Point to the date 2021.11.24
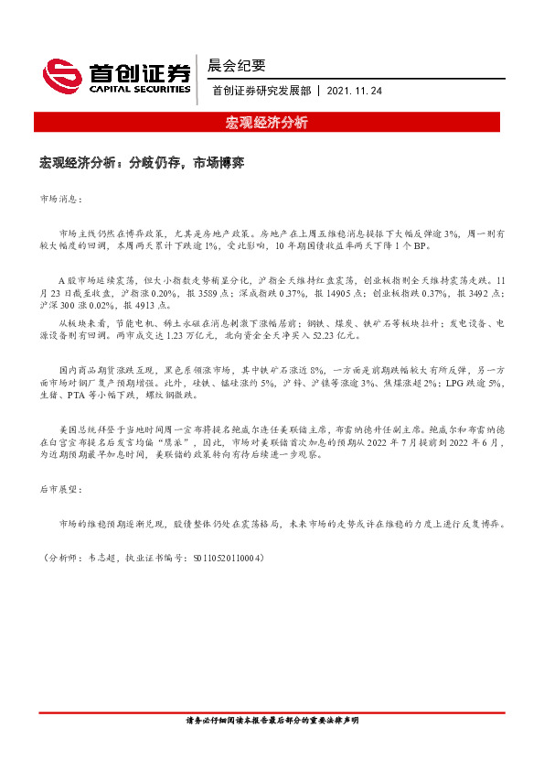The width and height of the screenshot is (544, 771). click(x=353, y=91)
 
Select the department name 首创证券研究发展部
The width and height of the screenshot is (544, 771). click(x=261, y=91)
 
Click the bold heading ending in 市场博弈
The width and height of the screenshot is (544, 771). click(x=141, y=162)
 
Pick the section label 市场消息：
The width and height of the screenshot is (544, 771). click(x=61, y=198)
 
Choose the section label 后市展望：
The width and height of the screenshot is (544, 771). click(x=61, y=491)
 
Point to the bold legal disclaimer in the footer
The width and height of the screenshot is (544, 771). click(x=272, y=721)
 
